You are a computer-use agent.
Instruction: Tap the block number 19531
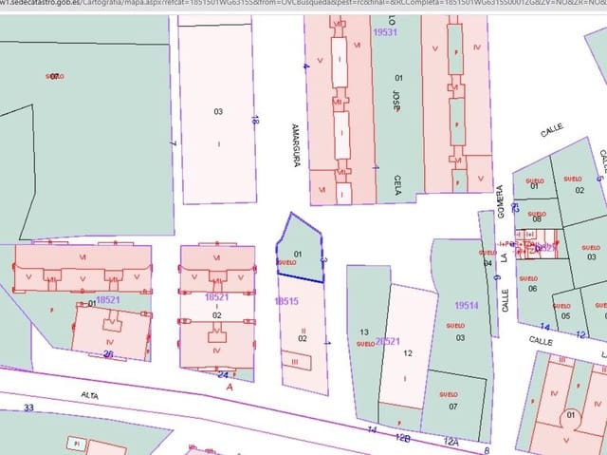coord(384,32)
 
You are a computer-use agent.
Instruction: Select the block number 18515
coord(286,301)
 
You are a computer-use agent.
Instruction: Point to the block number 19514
coord(466,306)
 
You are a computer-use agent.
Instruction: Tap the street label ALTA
coord(90,393)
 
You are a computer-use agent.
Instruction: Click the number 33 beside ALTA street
coord(28,408)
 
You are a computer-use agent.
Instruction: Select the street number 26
coord(109,355)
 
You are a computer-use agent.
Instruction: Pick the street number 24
coord(223,374)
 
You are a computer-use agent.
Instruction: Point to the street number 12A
coord(451,441)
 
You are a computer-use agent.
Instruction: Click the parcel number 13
coord(363,332)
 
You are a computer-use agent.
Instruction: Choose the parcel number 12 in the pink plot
coord(408,352)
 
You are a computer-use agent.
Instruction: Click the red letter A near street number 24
coord(230,387)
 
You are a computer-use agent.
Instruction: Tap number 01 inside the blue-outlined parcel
coord(298,255)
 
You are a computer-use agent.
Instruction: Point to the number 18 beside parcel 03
coord(255,120)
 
